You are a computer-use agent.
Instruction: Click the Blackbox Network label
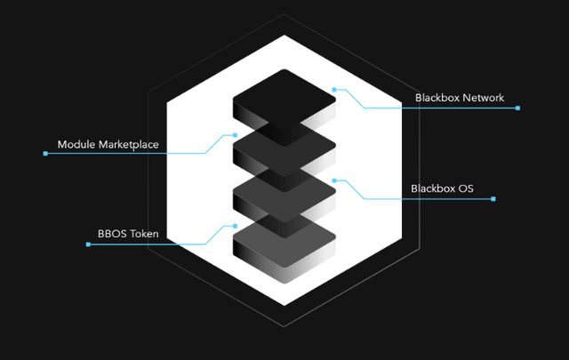pyautogui.click(x=459, y=98)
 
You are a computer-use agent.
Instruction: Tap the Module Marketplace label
pyautogui.click(x=108, y=144)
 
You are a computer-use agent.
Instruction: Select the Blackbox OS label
pyautogui.click(x=442, y=188)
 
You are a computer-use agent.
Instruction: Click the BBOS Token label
pyautogui.click(x=128, y=235)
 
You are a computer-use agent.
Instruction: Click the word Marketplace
pyautogui.click(x=128, y=144)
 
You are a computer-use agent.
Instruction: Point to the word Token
pyautogui.click(x=144, y=235)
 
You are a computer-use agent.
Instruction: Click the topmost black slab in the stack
pyautogui.click(x=284, y=94)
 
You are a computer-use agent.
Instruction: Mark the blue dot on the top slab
pyautogui.click(x=333, y=89)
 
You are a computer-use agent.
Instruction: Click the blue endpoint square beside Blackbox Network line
pyautogui.click(x=517, y=108)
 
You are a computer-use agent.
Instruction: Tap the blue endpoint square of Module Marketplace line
pyautogui.click(x=45, y=154)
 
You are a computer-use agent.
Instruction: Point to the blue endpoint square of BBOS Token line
pyautogui.click(x=88, y=244)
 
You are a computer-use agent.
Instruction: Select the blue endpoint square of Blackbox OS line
pyautogui.click(x=493, y=199)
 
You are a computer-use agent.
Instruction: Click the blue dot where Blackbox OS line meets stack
pyautogui.click(x=333, y=180)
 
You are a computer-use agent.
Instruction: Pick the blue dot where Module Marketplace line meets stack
pyautogui.click(x=235, y=135)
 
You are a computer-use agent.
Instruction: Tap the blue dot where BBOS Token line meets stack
pyautogui.click(x=235, y=226)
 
